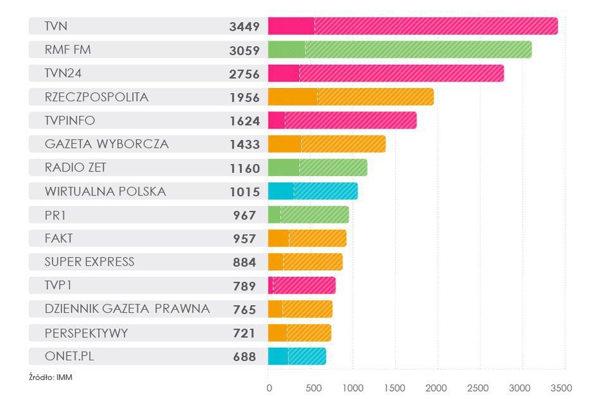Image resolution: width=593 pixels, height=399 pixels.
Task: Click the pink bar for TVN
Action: tap(413, 26)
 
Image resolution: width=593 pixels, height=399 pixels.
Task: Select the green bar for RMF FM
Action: tap(399, 49)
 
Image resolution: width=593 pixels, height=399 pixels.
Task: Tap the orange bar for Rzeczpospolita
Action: tap(351, 97)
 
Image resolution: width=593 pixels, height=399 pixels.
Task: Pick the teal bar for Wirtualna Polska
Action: tap(313, 191)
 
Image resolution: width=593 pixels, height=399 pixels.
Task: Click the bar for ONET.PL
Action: tap(297, 356)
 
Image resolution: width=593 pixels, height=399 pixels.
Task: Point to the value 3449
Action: tap(244, 27)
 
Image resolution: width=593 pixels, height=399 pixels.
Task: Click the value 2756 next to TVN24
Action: tap(244, 73)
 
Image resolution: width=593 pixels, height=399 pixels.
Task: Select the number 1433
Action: tap(244, 144)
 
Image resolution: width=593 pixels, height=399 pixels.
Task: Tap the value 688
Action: tap(244, 357)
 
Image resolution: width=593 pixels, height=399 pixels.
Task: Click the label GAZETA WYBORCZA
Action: tap(107, 144)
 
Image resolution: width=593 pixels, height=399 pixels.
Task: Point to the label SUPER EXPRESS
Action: tap(90, 262)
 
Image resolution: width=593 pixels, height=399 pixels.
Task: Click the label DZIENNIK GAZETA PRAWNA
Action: tap(127, 309)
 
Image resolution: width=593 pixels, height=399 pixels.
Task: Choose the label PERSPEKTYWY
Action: tap(86, 332)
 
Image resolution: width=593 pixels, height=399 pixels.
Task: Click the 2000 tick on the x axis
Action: tap(437, 388)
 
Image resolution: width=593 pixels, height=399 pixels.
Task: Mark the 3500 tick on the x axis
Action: tap(561, 388)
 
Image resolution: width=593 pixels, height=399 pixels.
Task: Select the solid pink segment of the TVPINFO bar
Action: tap(277, 120)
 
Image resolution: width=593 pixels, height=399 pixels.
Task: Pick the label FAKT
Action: tap(59, 238)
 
